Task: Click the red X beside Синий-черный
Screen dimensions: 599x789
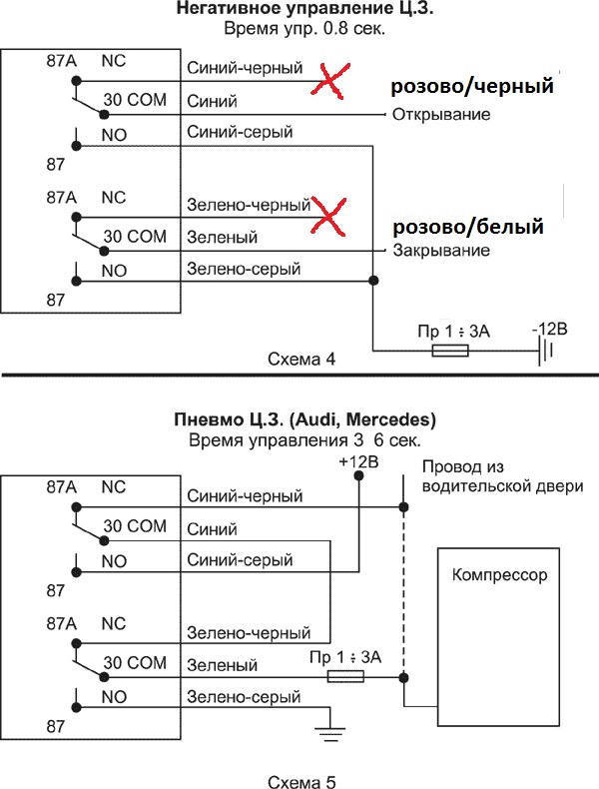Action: point(329,81)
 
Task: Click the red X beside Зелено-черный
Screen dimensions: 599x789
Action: point(328,217)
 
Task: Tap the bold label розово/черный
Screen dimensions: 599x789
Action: point(472,87)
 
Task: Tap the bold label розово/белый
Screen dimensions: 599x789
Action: point(468,227)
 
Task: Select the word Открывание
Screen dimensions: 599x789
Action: point(441,115)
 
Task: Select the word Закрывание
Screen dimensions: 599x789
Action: point(441,251)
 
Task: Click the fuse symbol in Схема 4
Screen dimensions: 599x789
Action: point(450,351)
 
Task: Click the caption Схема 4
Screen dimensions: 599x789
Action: point(301,360)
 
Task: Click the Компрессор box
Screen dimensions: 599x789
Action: point(498,637)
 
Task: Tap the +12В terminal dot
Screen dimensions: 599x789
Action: point(358,475)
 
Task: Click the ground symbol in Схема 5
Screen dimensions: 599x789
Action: point(330,734)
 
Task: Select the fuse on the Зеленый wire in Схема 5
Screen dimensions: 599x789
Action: point(345,677)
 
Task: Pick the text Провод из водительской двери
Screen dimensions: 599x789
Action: point(502,477)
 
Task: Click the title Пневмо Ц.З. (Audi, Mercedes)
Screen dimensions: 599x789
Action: point(304,419)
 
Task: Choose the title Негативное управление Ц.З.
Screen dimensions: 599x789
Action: point(304,9)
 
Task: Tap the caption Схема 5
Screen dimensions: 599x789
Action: point(301,781)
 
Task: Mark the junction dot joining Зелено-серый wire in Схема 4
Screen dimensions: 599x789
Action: point(373,281)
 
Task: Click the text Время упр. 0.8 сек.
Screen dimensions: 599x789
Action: point(304,28)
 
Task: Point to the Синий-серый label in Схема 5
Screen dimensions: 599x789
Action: point(240,560)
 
